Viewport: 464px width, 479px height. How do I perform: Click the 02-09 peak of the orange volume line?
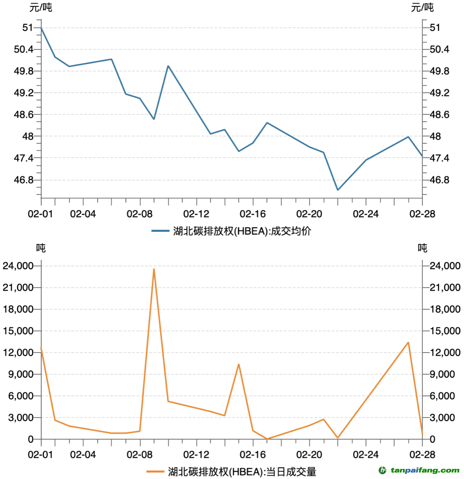154,269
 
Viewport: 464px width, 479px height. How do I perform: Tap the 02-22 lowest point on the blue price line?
338,190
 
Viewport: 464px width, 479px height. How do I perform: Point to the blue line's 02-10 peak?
168,66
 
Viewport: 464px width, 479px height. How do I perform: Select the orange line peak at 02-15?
239,364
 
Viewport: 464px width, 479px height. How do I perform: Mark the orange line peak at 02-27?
408,343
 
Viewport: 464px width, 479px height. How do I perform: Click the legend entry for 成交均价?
232,231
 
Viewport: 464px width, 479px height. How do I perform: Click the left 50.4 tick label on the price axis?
24,49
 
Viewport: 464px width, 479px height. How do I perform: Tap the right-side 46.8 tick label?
439,180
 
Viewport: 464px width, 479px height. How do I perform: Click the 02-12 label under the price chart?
196,214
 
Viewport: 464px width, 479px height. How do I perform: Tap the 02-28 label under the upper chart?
422,214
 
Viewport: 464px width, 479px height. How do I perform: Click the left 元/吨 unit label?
40,7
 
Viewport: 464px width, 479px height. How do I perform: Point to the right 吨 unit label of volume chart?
422,248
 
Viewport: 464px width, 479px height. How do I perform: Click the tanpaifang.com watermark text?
425,470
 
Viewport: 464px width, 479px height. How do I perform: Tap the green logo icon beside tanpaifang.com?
383,470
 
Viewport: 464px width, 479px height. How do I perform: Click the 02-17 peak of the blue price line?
267,123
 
